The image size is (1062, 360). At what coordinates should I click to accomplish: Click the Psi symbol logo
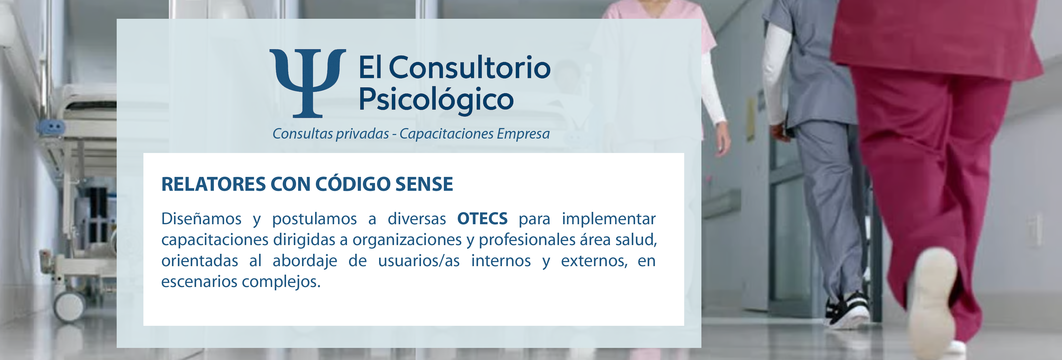coord(308,83)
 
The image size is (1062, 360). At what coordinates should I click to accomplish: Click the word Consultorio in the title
coord(470,67)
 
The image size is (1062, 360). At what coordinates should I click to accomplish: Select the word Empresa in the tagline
coord(523,134)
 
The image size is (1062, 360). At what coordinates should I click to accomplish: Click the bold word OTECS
coord(482,219)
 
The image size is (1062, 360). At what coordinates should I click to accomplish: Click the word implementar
coord(609,219)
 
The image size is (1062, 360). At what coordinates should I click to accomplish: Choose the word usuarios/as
coord(419,261)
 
